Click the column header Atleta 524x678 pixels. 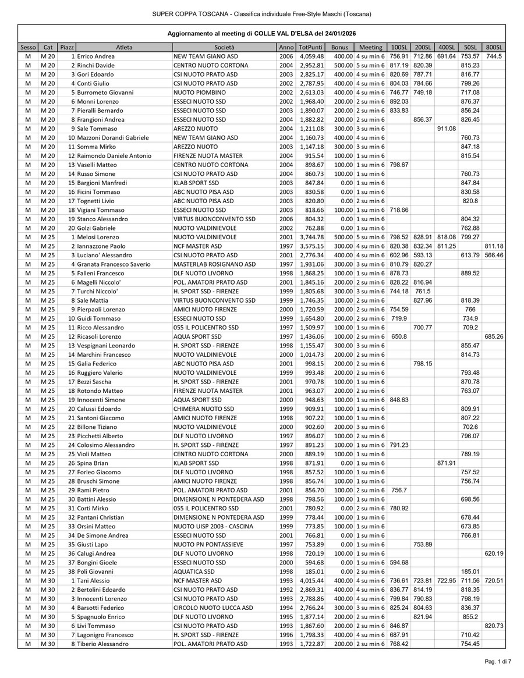[124, 47]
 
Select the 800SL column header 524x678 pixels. [494, 47]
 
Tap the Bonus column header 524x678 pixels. [339, 47]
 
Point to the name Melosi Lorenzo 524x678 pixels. [98, 237]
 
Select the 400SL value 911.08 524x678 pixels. [446, 129]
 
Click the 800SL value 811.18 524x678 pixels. [494, 246]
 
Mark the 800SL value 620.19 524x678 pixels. [494, 553]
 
